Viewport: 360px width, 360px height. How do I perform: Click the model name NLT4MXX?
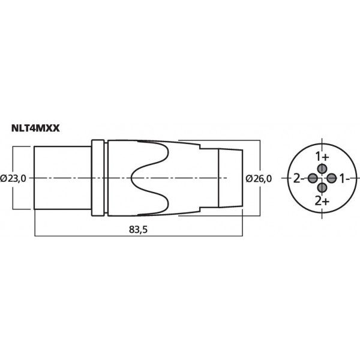[x=35, y=128]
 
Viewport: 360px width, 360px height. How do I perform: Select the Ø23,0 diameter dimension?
[x=13, y=178]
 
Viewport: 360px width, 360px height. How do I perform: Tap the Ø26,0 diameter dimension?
[x=259, y=179]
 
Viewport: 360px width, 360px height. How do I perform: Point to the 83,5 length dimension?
[x=138, y=229]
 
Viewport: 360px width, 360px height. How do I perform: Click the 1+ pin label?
[x=322, y=157]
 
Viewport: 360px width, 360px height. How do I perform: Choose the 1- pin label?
[x=344, y=178]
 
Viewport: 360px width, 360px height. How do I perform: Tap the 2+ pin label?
[x=322, y=202]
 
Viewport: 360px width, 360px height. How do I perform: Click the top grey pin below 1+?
[x=322, y=169]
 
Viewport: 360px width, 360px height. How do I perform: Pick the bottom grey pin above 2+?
[x=322, y=188]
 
